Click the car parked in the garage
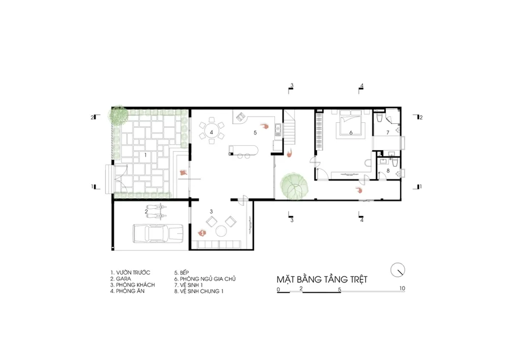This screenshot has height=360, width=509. pos(157,233)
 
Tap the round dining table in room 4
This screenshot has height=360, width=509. pos(211,132)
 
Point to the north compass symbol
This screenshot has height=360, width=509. pos(398,270)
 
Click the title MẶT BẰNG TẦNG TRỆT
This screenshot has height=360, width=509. pos(322,279)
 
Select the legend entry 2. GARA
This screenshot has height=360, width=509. pos(121,279)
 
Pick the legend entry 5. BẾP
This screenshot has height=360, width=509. pos(182,272)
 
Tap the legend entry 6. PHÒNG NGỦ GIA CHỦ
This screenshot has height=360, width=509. pos(205,279)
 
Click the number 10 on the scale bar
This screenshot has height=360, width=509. pos(402,288)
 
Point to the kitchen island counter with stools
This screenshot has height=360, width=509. pos(243,150)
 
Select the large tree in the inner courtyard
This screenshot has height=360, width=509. pos(294,186)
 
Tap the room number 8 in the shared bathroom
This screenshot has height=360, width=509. pos(388,171)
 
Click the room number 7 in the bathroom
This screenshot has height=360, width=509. pos(387,132)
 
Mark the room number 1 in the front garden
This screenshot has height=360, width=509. pos(146,155)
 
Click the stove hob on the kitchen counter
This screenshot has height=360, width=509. pos(241,117)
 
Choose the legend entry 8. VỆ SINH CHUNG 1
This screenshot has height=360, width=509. pos(199,291)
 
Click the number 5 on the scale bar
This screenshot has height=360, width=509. pos(340,290)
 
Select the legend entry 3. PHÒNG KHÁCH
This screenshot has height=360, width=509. pos(132,285)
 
